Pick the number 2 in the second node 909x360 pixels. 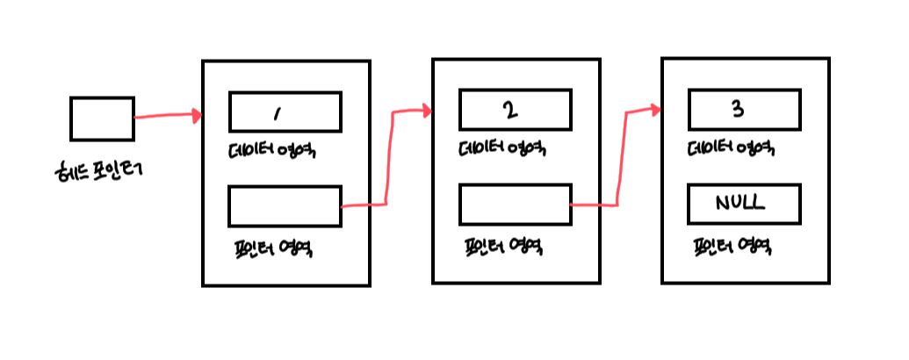tap(510, 111)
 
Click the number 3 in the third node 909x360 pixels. tap(738, 110)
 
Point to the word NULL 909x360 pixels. tap(739, 203)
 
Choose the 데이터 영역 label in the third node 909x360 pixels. tap(731, 149)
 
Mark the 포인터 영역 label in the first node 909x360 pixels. tap(272, 248)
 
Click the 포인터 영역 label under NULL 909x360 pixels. tap(732, 247)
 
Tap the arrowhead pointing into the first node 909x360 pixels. tap(196, 115)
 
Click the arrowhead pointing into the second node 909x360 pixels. tap(426, 111)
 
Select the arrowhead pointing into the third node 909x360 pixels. tap(656, 110)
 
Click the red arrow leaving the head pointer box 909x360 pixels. tap(165, 116)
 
